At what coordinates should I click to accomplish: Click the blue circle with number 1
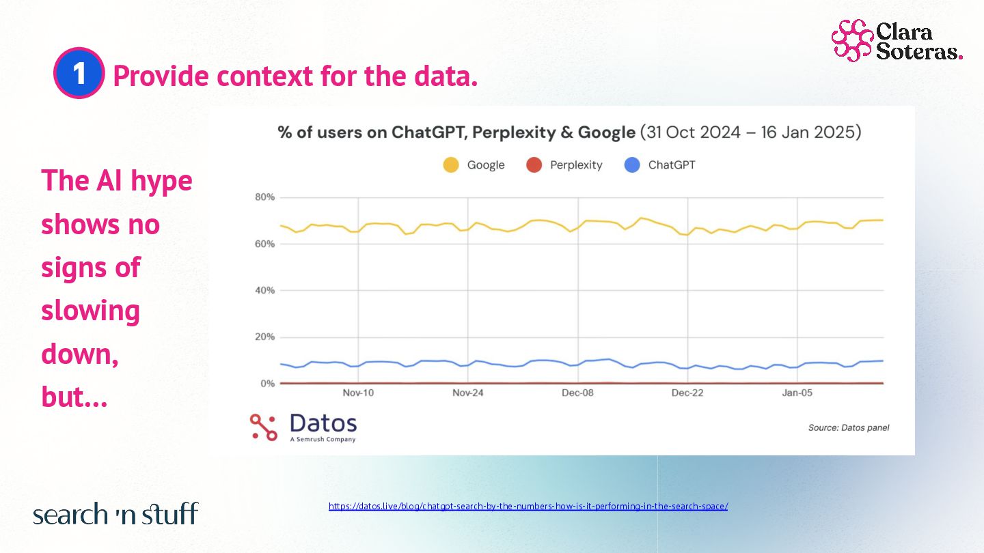coord(79,74)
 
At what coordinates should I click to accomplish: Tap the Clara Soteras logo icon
coord(851,40)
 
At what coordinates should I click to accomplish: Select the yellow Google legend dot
coord(450,165)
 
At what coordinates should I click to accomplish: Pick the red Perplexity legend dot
coord(534,165)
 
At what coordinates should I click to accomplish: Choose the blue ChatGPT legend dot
coord(632,165)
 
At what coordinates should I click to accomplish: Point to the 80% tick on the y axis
coord(265,197)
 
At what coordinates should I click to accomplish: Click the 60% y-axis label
coord(265,244)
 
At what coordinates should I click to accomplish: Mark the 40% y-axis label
coord(265,290)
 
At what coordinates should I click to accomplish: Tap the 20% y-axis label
coord(265,337)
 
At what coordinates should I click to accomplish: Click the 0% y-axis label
coord(267,384)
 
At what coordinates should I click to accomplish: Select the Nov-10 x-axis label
coord(358,393)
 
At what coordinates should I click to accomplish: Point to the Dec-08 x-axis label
coord(578,393)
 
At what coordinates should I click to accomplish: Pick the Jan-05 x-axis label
coord(797,393)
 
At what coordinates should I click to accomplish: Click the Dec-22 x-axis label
coord(687,393)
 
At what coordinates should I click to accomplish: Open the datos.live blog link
coord(528,507)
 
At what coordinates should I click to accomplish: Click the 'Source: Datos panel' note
coord(849,428)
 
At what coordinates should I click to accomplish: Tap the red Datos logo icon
coord(263,427)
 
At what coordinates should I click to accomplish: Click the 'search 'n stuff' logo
coord(115,514)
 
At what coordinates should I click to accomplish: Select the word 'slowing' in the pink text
coord(90,311)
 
